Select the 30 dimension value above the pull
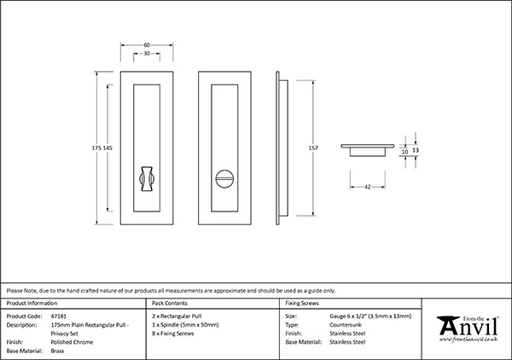click(x=148, y=53)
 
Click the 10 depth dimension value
click(x=404, y=150)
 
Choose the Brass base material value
click(x=58, y=351)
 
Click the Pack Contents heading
click(x=169, y=304)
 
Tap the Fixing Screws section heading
click(x=303, y=304)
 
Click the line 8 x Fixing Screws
click(x=174, y=334)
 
